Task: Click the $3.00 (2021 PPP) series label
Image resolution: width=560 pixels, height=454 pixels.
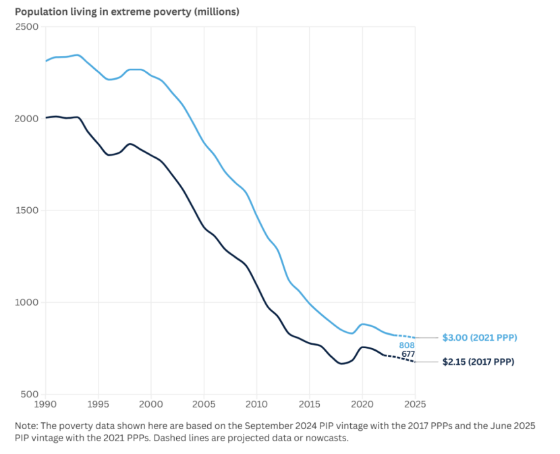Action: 480,337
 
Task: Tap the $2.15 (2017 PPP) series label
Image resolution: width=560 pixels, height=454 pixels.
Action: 478,362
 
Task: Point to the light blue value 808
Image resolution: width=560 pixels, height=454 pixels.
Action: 407,345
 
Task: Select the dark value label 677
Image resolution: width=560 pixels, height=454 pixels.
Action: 408,354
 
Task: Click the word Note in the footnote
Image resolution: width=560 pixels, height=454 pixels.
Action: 26,426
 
